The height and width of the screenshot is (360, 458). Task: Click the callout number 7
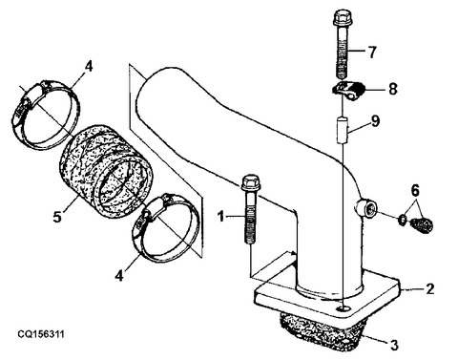click(x=372, y=52)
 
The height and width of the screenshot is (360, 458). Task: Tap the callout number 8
click(x=393, y=89)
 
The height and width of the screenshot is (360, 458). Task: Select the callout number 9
click(x=376, y=121)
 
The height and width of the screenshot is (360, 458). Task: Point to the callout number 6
click(x=415, y=191)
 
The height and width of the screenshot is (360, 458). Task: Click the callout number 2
click(x=429, y=288)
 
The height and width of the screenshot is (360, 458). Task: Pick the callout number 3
click(x=394, y=345)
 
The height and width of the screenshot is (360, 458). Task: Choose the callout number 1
click(x=220, y=217)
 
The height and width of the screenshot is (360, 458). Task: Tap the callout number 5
click(x=57, y=217)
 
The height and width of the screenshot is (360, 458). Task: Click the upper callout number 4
click(x=89, y=67)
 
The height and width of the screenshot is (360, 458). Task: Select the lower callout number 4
click(x=119, y=275)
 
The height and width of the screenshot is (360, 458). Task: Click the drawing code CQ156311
click(x=41, y=334)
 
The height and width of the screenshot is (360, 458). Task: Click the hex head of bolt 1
click(x=251, y=182)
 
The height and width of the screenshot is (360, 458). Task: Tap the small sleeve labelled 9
click(x=343, y=130)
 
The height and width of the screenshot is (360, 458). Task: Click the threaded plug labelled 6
click(x=423, y=224)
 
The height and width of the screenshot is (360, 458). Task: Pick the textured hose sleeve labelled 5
click(x=106, y=170)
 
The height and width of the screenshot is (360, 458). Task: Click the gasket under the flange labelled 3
click(x=322, y=331)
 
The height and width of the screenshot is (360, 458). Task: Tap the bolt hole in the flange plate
click(x=343, y=307)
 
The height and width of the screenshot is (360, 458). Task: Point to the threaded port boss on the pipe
click(x=365, y=208)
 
